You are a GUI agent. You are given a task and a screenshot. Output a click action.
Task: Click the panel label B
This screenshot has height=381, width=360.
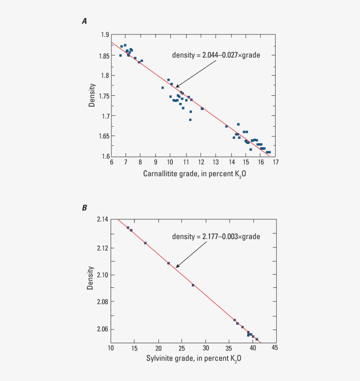[84, 207]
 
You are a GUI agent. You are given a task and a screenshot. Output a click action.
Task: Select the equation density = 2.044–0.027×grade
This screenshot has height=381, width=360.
[216, 55]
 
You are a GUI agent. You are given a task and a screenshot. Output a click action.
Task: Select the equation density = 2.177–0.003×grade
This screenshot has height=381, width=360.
[216, 237]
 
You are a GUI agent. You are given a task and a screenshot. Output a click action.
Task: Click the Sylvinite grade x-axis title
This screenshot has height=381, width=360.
[194, 359]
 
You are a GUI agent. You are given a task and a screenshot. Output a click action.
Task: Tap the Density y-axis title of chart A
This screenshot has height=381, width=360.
[92, 95]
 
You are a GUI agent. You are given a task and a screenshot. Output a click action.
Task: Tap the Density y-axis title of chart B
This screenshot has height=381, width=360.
[90, 278]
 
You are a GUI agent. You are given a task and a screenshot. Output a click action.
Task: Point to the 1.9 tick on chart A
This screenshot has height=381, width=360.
[104, 35]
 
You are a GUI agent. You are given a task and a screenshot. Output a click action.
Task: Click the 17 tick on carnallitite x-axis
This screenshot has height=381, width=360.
[275, 162]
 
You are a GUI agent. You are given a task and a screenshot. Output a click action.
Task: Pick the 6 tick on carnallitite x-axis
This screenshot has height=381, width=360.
[111, 162]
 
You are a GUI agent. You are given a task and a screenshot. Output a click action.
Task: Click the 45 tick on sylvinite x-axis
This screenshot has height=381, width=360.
[274, 348]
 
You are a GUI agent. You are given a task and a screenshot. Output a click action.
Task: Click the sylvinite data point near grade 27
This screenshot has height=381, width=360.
[193, 285]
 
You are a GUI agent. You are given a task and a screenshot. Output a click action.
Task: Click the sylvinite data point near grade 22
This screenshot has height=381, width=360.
[169, 263]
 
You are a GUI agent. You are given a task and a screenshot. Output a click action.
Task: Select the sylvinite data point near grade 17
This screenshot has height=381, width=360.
[145, 243]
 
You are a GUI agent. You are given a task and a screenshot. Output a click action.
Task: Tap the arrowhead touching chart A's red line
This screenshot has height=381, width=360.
[177, 87]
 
